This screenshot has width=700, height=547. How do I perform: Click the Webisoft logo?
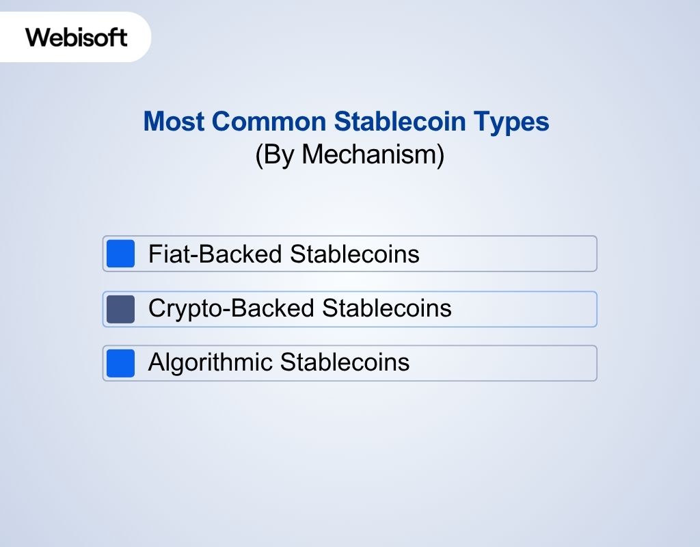pos(77,37)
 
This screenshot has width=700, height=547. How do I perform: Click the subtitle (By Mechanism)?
pos(349,155)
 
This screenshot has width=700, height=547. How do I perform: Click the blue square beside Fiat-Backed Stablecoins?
pos(121,254)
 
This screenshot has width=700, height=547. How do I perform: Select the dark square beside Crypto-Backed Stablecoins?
pos(121,309)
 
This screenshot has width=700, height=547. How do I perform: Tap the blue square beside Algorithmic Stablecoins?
pos(121,363)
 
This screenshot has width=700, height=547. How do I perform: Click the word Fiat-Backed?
pos(216,254)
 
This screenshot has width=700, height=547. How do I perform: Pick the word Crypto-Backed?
pos(232,309)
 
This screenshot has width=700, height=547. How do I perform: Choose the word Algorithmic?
pos(210,362)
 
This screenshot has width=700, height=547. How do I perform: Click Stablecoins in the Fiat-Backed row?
pos(355,254)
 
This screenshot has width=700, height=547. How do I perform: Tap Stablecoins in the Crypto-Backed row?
pos(387,308)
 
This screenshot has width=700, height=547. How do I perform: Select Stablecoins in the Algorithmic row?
pos(345,362)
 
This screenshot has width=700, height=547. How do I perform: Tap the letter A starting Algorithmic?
pos(157,362)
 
